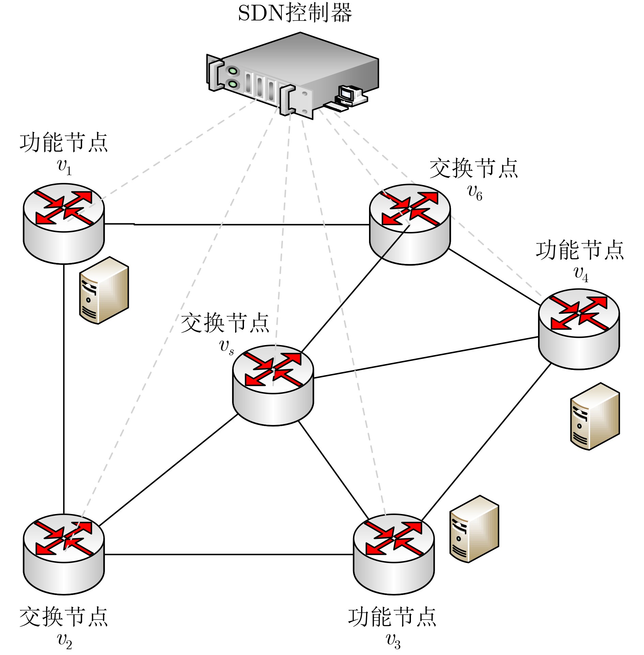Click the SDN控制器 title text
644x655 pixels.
(295, 14)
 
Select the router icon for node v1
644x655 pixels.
(64, 223)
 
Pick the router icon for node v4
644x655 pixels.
(579, 329)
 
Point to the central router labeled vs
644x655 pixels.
(273, 385)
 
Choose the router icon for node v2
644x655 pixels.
(64, 553)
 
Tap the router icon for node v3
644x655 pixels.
(394, 553)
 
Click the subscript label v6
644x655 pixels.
(475, 192)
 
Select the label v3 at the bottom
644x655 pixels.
(393, 641)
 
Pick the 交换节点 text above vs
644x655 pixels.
(225, 323)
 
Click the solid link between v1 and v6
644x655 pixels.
(239, 224)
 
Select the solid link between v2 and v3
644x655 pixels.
(228, 555)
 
